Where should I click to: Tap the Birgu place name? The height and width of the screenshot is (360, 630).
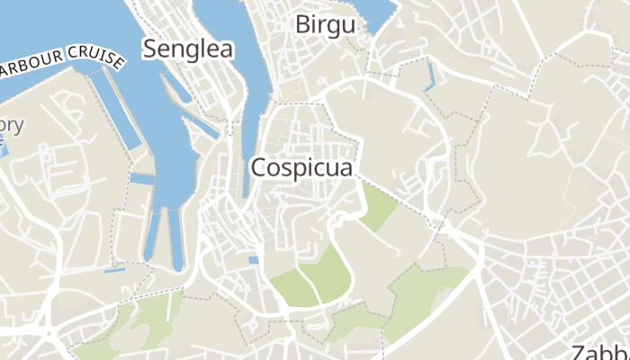tap(325, 24)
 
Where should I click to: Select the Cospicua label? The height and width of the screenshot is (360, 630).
tap(301, 167)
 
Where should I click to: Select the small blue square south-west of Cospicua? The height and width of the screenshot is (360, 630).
tap(254, 260)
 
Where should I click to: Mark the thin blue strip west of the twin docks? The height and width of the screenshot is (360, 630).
tap(114, 269)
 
